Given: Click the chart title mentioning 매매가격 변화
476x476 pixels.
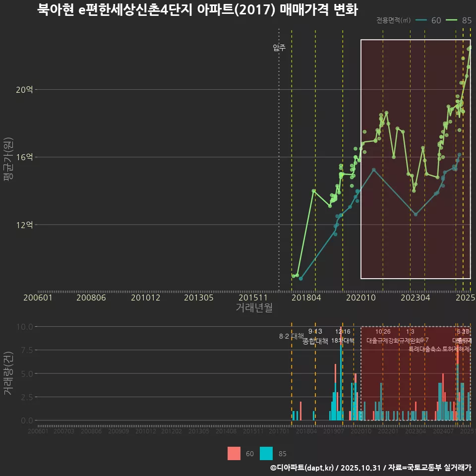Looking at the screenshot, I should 197,10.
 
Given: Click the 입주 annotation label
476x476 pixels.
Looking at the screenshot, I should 279,48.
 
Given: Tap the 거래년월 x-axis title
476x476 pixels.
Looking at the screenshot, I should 254,307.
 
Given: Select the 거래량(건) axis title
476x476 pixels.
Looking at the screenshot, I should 8,373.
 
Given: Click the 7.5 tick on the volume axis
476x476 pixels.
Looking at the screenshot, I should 26,350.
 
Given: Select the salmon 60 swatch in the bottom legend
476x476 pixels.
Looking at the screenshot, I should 234,454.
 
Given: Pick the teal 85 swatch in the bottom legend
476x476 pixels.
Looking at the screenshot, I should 266,454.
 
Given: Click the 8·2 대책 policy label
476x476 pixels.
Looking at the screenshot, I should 292,337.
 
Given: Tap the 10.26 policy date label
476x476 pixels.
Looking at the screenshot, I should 383,332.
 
